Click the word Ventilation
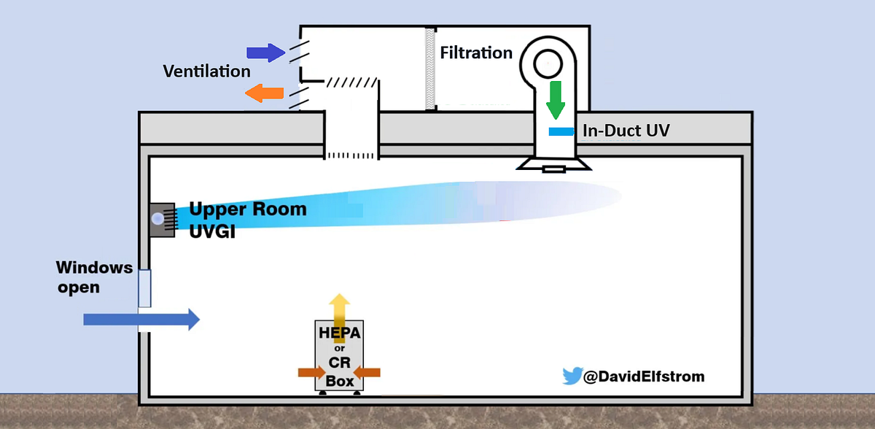coord(207,71)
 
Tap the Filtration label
coord(476,53)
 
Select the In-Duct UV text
coord(626,131)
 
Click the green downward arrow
coord(556,100)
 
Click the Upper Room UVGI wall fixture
coord(161,218)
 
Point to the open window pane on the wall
coord(144,288)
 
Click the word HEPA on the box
coord(339,333)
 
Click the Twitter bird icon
coord(571,376)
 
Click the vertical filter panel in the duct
coord(430,69)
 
